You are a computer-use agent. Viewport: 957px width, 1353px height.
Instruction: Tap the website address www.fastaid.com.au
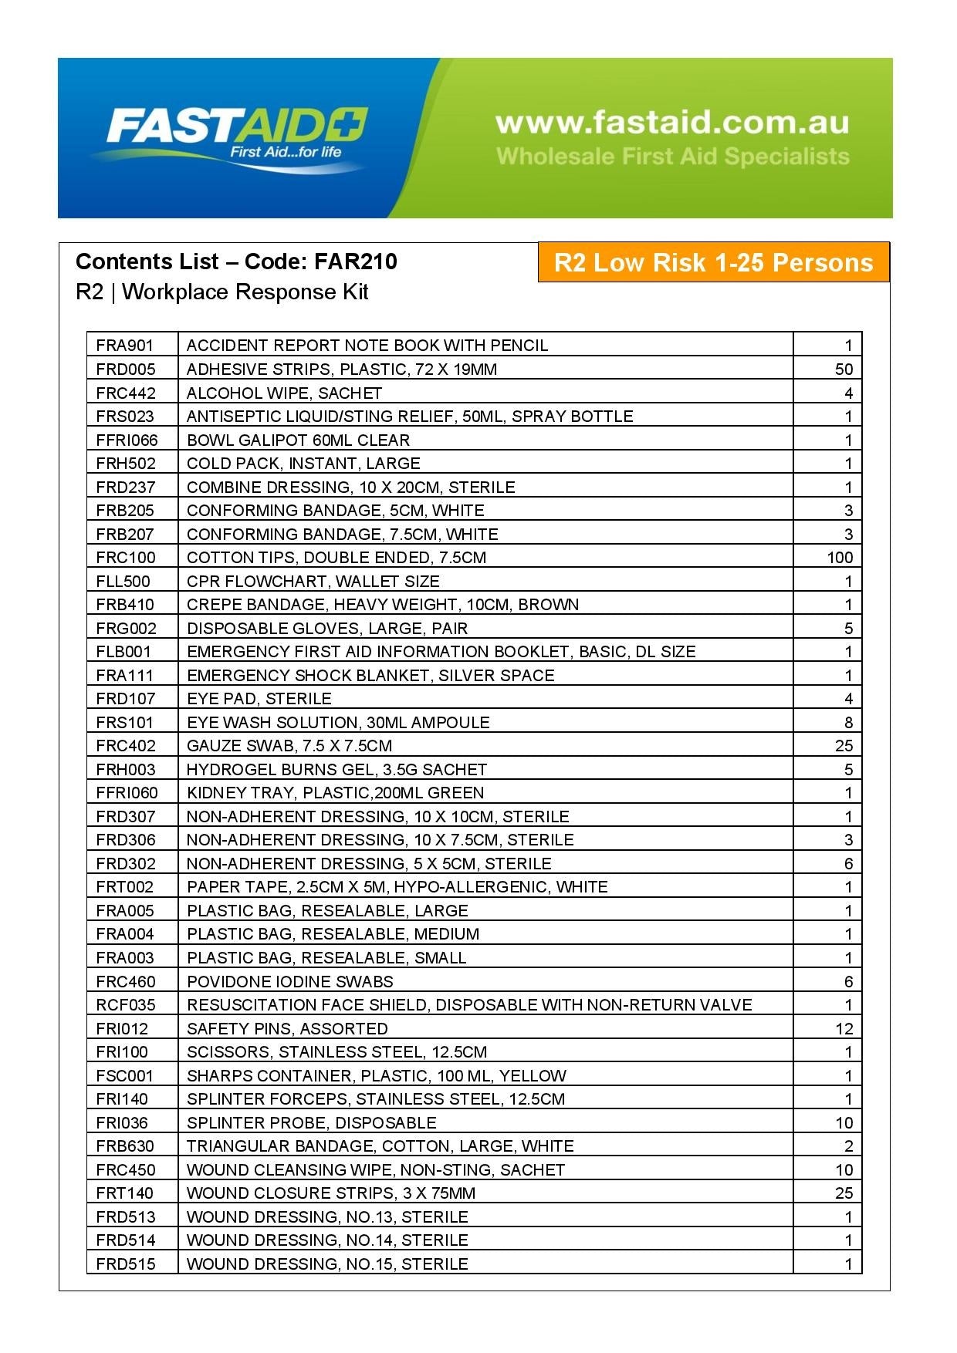[x=672, y=122]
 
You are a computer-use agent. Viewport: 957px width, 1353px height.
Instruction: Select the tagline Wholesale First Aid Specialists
[x=672, y=157]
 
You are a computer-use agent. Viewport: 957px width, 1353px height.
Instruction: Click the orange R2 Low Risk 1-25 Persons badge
[x=713, y=262]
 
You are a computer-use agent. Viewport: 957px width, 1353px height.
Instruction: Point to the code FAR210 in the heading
[x=355, y=261]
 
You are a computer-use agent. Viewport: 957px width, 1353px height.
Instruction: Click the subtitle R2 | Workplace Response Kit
[x=222, y=292]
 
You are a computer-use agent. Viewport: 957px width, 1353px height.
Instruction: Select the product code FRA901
[x=125, y=346]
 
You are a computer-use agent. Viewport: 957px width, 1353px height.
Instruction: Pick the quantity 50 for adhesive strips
[x=844, y=369]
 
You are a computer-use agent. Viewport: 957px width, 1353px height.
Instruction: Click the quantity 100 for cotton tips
[x=840, y=557]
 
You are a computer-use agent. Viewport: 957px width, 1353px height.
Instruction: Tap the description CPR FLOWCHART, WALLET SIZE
[x=313, y=581]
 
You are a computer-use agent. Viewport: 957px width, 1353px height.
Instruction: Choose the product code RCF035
[x=126, y=1004]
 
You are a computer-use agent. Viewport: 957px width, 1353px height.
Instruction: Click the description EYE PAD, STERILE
[x=259, y=699]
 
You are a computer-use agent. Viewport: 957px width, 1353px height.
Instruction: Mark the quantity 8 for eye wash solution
[x=848, y=722]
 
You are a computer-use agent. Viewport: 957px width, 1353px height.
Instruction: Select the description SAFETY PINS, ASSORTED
[x=288, y=1028]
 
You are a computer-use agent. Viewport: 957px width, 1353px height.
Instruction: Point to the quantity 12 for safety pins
[x=844, y=1028]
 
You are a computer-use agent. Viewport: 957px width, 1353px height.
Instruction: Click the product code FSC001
[x=125, y=1075]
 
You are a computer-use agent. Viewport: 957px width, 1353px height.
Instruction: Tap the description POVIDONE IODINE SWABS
[x=290, y=981]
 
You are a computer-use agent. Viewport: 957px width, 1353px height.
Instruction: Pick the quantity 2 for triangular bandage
[x=848, y=1145]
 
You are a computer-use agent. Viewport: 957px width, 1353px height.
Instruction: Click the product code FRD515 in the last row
[x=126, y=1264]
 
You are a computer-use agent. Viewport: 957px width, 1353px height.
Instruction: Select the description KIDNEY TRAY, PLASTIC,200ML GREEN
[x=336, y=792]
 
